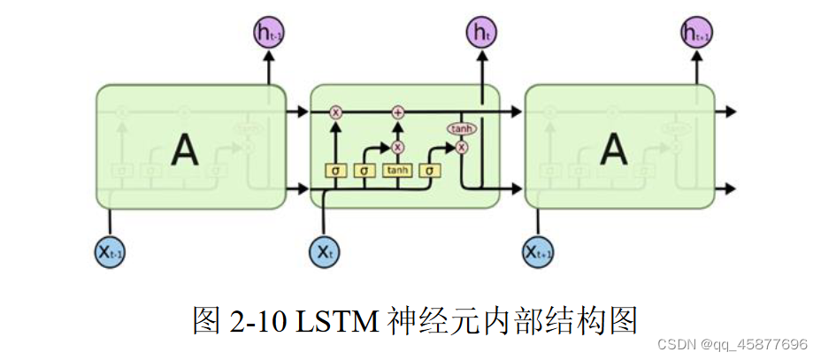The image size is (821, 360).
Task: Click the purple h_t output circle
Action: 481,34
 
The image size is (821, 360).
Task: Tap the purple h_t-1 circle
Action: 268,34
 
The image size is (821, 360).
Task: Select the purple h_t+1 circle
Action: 696,34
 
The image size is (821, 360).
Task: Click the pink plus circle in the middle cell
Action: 398,112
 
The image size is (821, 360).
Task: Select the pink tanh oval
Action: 461,128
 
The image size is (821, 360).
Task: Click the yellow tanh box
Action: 398,170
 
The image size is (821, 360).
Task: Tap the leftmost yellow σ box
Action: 336,170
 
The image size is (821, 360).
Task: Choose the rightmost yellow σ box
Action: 431,170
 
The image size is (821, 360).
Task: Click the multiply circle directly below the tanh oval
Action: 461,148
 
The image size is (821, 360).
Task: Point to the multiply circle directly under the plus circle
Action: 398,147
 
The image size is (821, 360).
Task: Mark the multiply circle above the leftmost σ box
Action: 336,112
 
